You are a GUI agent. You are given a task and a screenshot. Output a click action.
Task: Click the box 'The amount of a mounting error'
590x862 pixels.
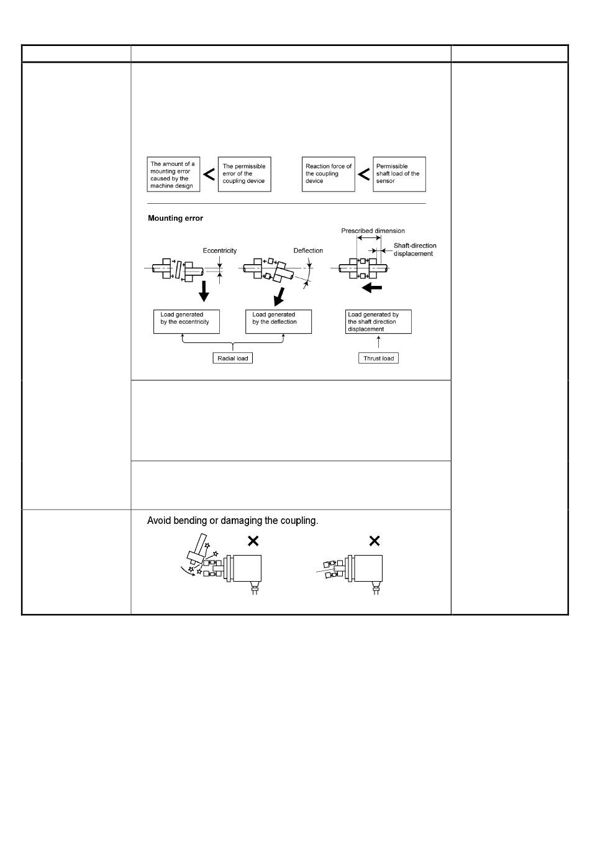[173, 175]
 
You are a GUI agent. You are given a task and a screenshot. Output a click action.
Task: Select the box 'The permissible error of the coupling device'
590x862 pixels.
[244, 174]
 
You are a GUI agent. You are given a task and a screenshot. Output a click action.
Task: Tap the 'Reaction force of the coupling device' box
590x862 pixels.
[328, 174]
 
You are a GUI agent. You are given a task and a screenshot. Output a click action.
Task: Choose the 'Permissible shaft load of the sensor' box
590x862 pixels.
[399, 174]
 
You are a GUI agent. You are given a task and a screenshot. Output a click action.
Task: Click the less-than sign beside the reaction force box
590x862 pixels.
[364, 175]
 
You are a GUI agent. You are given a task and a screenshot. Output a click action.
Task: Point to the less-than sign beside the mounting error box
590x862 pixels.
[209, 175]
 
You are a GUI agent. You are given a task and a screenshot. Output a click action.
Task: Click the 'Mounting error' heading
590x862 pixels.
[175, 218]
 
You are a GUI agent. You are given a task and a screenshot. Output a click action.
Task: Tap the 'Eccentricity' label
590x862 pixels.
[219, 251]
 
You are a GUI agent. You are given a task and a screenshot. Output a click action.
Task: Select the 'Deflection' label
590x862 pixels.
[308, 251]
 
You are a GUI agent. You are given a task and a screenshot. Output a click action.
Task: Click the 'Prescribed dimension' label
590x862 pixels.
[373, 231]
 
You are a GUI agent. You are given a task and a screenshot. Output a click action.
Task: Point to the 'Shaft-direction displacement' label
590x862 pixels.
[414, 249]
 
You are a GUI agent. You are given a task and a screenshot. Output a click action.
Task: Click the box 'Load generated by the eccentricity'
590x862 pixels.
[186, 321]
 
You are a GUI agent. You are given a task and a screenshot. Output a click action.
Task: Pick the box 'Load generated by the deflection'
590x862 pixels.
[278, 321]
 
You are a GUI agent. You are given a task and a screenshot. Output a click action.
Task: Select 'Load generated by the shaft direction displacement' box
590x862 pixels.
[378, 322]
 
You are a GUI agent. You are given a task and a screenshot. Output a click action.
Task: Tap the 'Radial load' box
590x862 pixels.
[233, 359]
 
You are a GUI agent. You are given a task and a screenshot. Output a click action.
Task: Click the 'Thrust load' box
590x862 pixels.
[378, 359]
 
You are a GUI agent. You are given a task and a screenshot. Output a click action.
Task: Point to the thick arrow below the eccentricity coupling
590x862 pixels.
[204, 291]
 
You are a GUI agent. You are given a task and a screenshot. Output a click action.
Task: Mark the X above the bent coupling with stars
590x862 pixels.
[253, 541]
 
